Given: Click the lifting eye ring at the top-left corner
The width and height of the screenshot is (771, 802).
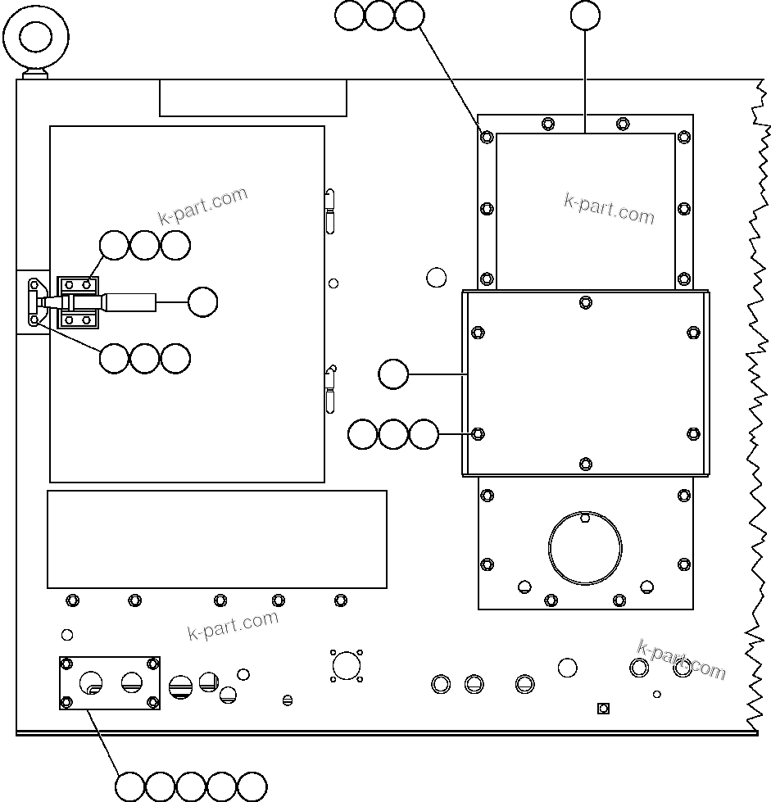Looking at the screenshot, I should (x=35, y=38).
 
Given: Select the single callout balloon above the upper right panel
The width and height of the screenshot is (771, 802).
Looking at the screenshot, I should (x=585, y=16).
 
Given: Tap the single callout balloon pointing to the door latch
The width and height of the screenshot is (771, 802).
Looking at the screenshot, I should (x=202, y=302).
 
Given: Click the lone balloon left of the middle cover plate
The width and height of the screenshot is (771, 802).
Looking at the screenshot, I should (x=393, y=374).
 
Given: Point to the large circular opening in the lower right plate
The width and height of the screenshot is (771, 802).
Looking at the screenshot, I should (x=585, y=546).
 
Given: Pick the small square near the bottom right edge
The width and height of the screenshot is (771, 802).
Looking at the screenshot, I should (x=603, y=708).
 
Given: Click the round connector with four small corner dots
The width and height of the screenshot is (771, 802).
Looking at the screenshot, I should (x=347, y=665).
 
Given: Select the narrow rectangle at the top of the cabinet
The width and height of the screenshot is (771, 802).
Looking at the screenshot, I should (x=253, y=98).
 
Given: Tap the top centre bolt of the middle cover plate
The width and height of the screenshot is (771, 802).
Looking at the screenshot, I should (x=585, y=302).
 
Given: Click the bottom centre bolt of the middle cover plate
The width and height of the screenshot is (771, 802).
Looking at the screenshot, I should (x=585, y=464).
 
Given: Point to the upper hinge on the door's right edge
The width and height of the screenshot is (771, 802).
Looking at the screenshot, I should (x=329, y=210).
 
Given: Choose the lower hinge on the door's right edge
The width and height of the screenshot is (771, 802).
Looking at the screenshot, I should (x=330, y=388).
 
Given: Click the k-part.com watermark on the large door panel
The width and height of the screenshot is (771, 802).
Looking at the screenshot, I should (x=202, y=206).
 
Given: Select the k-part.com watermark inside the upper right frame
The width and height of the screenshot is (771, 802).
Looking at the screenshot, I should (x=609, y=209).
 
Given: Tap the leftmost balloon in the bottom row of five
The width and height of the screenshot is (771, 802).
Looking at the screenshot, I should (x=130, y=786).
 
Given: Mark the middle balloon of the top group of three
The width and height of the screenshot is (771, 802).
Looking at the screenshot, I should (x=379, y=16).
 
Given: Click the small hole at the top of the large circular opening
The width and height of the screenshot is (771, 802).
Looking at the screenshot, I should (x=584, y=518).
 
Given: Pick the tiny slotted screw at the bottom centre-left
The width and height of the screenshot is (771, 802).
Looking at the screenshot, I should (x=287, y=700).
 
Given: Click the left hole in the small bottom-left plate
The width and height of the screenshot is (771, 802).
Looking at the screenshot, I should (x=91, y=682).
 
